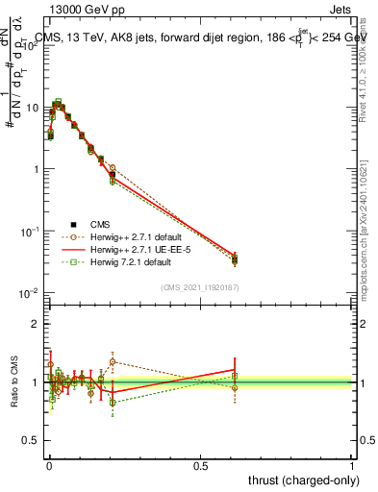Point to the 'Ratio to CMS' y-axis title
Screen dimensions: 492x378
click(14, 382)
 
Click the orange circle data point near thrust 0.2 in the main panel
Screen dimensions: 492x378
click(112, 168)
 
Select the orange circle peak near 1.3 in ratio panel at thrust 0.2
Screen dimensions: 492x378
click(112, 362)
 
